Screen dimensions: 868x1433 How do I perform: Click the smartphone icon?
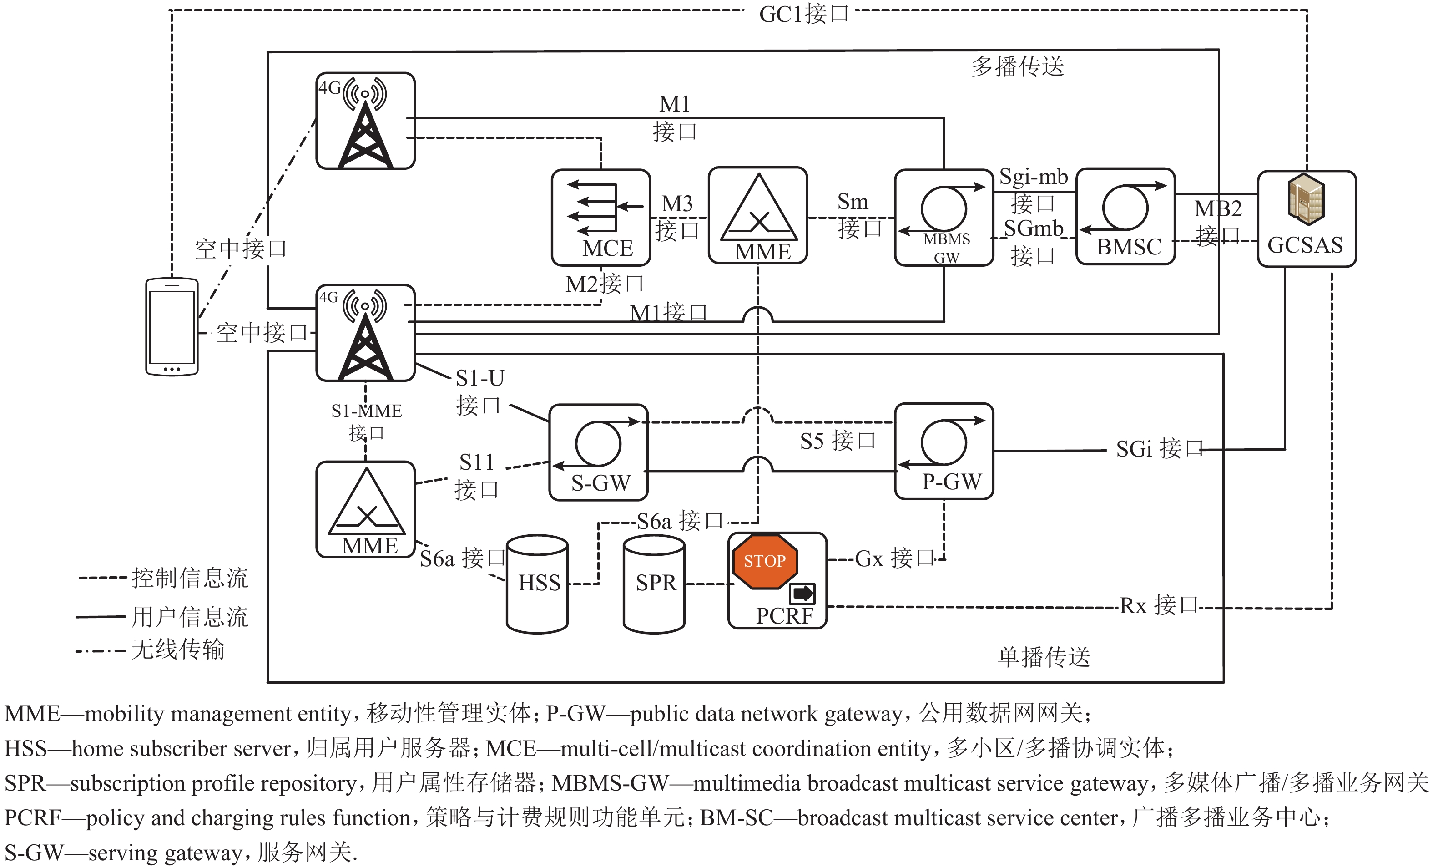172,327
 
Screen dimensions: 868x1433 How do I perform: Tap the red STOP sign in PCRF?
765,561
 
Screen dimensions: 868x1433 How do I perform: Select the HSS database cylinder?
537,584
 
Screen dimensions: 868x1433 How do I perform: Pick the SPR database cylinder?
654,584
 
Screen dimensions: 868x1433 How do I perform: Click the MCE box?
601,217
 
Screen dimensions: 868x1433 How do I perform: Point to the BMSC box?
1125,217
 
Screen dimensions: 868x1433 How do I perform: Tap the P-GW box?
944,452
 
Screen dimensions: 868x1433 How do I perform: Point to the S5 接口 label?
838,441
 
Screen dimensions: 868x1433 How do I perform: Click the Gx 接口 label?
894,558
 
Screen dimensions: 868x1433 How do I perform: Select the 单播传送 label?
1044,657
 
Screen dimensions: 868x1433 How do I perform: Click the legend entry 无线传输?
177,649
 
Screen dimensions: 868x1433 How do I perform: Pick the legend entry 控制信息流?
190,578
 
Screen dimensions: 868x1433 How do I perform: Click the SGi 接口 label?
1159,448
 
